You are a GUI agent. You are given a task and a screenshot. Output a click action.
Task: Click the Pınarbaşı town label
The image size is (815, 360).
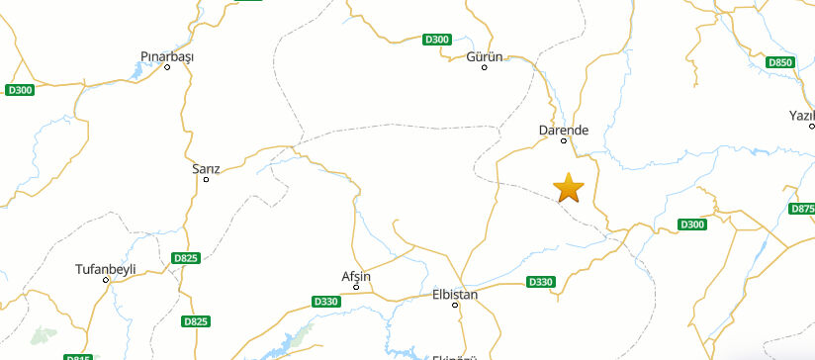167,56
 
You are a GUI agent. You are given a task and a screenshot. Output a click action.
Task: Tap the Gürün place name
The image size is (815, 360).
485,56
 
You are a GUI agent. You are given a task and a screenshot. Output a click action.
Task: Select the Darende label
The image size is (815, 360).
564,130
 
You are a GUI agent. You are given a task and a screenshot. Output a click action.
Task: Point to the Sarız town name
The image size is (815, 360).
206,168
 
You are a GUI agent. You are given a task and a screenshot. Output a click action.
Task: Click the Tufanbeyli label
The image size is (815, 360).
105,269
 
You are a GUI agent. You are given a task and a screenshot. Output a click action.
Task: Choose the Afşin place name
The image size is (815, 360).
355,276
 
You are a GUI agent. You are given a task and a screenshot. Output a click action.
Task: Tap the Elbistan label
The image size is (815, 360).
455,294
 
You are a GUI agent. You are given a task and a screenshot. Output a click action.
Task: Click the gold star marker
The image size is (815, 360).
569,187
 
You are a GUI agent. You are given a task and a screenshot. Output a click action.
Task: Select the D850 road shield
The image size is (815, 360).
780,62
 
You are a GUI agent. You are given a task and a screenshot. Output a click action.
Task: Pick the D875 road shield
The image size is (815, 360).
803,209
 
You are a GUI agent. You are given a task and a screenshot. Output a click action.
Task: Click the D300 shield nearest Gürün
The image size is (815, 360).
436,40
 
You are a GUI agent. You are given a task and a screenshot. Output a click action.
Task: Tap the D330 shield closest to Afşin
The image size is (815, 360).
325,301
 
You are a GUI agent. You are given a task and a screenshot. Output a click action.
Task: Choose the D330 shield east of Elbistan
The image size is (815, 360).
541,282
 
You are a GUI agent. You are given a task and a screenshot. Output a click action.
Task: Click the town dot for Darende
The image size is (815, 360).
565,140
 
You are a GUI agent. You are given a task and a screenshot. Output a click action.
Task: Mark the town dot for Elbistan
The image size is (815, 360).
456,305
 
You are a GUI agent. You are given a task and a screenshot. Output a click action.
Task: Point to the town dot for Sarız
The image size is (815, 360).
206,179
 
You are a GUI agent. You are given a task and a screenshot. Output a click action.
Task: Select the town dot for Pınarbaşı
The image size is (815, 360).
167,67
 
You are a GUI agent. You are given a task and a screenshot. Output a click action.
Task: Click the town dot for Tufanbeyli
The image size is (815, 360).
106,280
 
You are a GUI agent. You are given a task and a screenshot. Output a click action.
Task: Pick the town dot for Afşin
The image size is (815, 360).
356,287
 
